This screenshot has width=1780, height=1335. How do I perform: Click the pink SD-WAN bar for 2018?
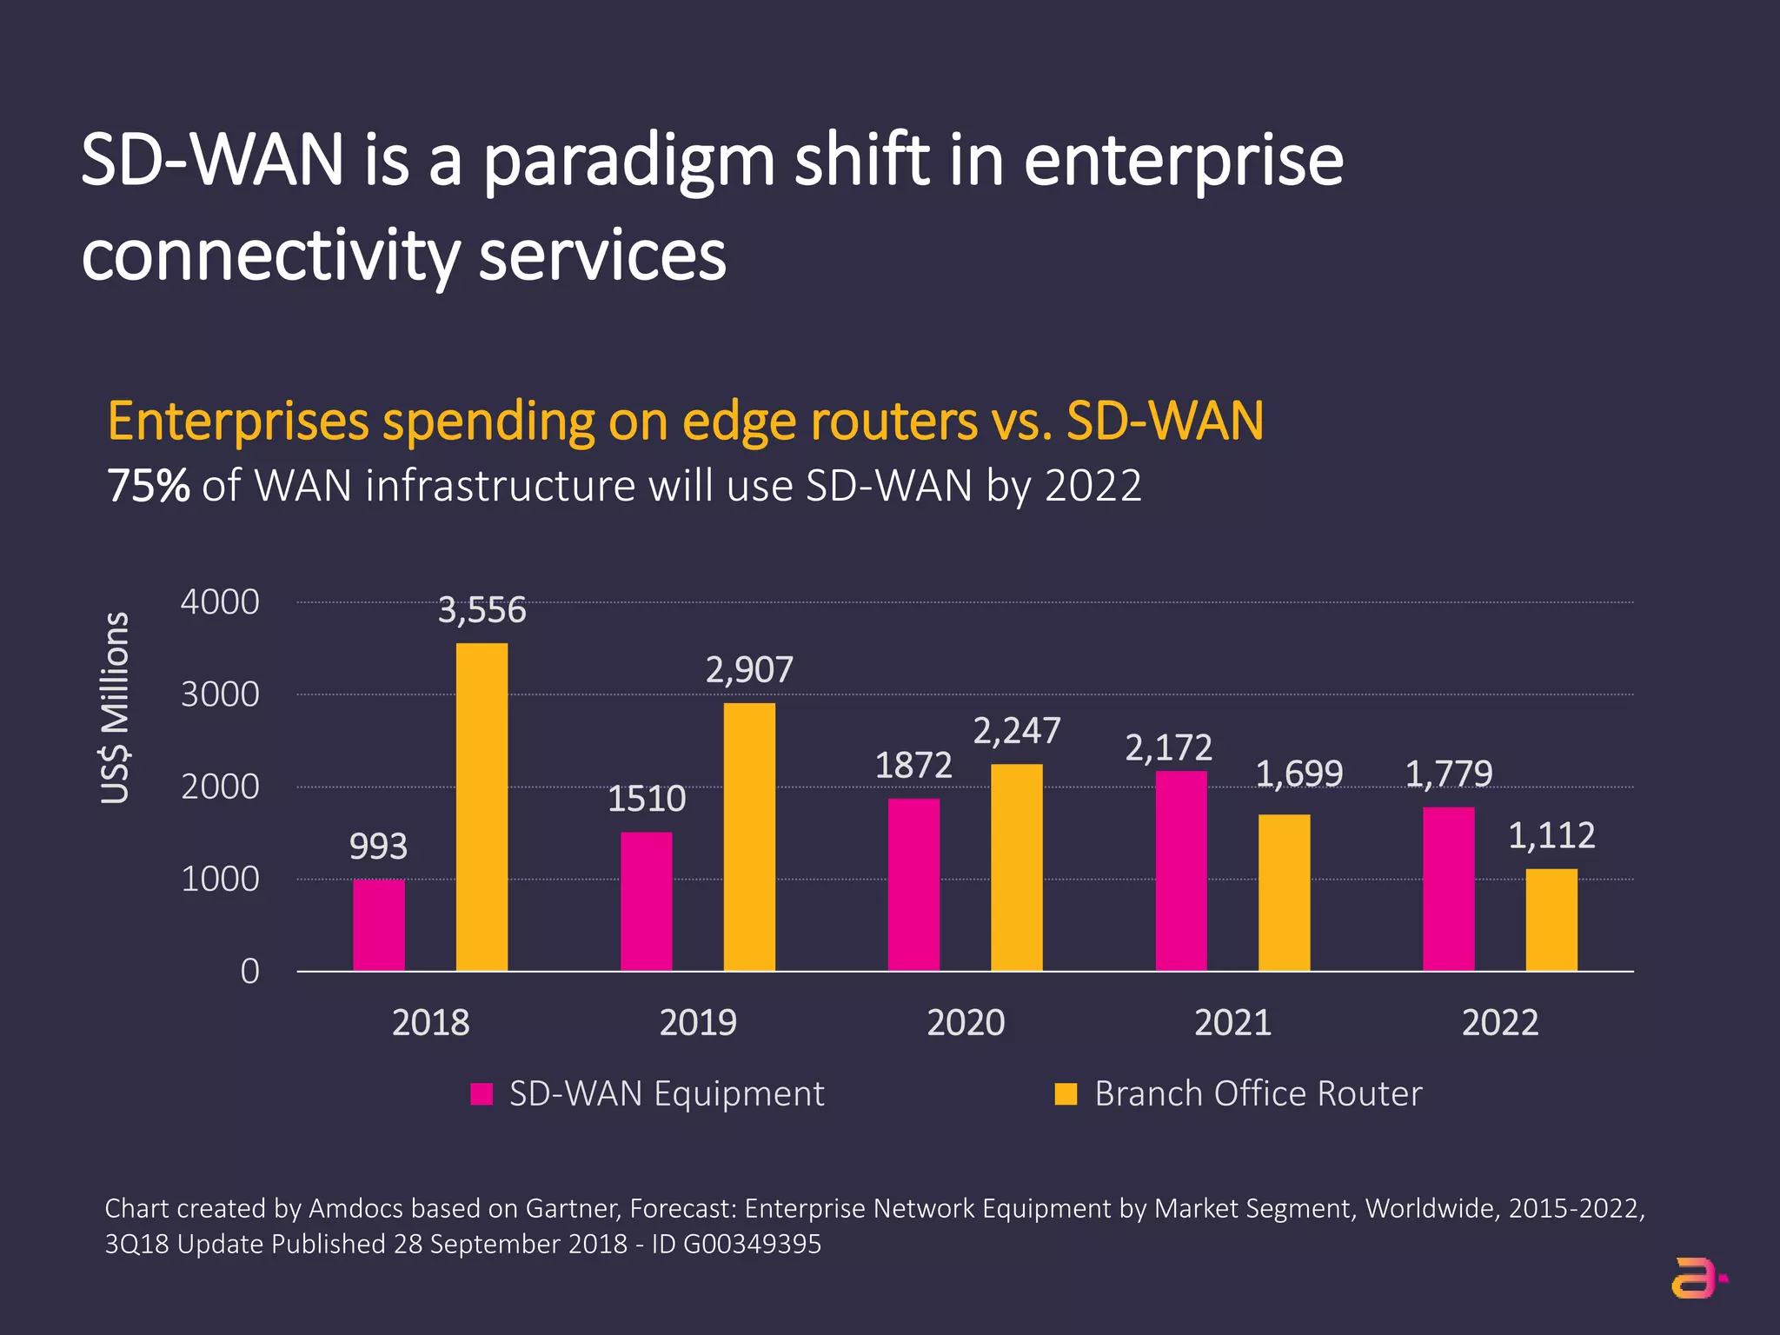pos(378,925)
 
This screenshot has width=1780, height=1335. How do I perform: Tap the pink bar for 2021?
pos(1180,871)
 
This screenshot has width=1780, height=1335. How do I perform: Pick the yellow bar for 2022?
pos(1551,920)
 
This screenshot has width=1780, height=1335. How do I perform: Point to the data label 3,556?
pos(482,610)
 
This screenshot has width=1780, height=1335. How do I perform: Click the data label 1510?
pos(646,799)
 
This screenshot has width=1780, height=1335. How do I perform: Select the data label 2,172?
pos(1168,747)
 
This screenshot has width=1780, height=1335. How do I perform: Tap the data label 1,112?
pos(1551,835)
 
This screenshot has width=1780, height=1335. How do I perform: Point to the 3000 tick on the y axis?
pos(220,694)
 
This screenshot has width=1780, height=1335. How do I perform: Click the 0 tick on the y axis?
pos(249,971)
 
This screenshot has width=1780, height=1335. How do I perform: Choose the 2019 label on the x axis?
pos(698,1022)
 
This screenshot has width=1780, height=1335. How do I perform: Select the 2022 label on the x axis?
pos(1500,1022)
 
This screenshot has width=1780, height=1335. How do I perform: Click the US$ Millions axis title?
pos(115,708)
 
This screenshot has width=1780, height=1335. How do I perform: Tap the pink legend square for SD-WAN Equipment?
pos(482,1093)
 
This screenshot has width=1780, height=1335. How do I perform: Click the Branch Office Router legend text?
pos(1258,1093)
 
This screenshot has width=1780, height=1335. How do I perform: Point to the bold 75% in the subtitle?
pos(148,486)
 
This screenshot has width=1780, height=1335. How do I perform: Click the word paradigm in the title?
pos(628,163)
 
